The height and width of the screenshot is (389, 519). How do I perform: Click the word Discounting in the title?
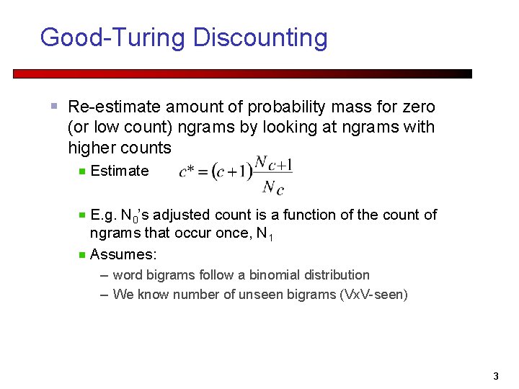coord(260,37)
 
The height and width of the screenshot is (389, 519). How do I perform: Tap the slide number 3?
coord(495,376)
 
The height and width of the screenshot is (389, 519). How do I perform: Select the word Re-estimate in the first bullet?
coord(114,107)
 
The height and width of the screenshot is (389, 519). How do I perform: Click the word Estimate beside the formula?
coord(120,171)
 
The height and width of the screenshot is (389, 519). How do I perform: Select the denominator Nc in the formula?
coord(273,187)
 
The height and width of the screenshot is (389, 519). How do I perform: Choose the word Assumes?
coord(123,254)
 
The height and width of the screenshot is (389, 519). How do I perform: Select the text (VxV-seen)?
coord(373,294)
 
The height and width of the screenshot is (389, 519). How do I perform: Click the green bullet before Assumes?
coord(82,254)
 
